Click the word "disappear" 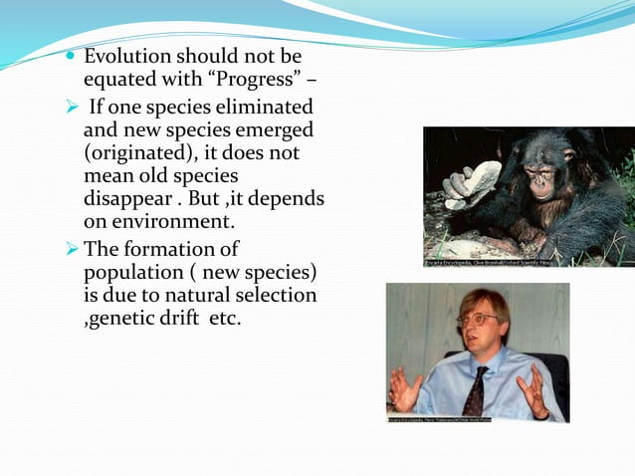tap(132, 199)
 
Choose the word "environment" tap(175, 222)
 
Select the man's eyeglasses tap(477, 320)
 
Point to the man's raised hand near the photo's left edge tap(405, 389)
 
